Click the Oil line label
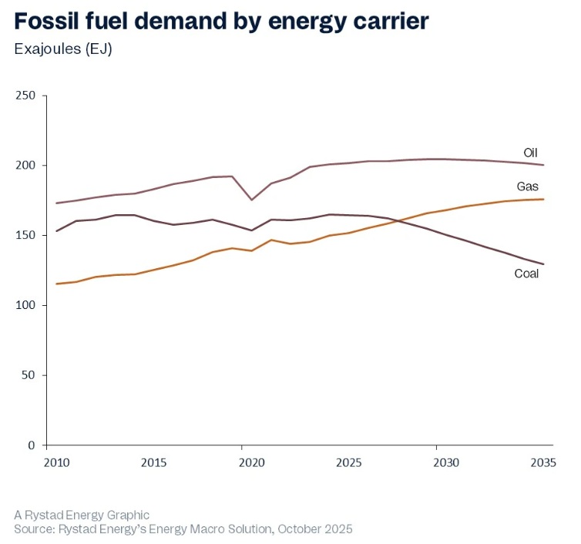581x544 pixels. pos(531,152)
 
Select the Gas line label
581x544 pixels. pos(528,186)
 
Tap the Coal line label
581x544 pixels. pos(526,274)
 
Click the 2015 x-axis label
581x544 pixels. pos(154,462)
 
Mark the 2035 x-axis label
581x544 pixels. pos(543,462)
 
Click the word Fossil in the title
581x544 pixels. pos(49,21)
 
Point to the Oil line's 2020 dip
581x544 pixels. pos(251,200)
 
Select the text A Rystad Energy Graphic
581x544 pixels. pos(81,514)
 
